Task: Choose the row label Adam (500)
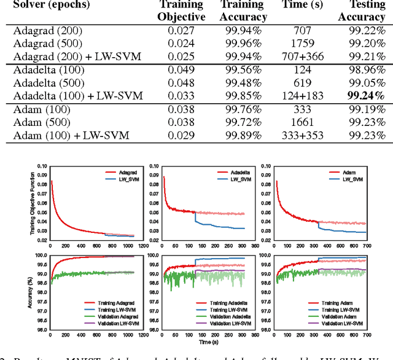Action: tap(40, 122)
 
